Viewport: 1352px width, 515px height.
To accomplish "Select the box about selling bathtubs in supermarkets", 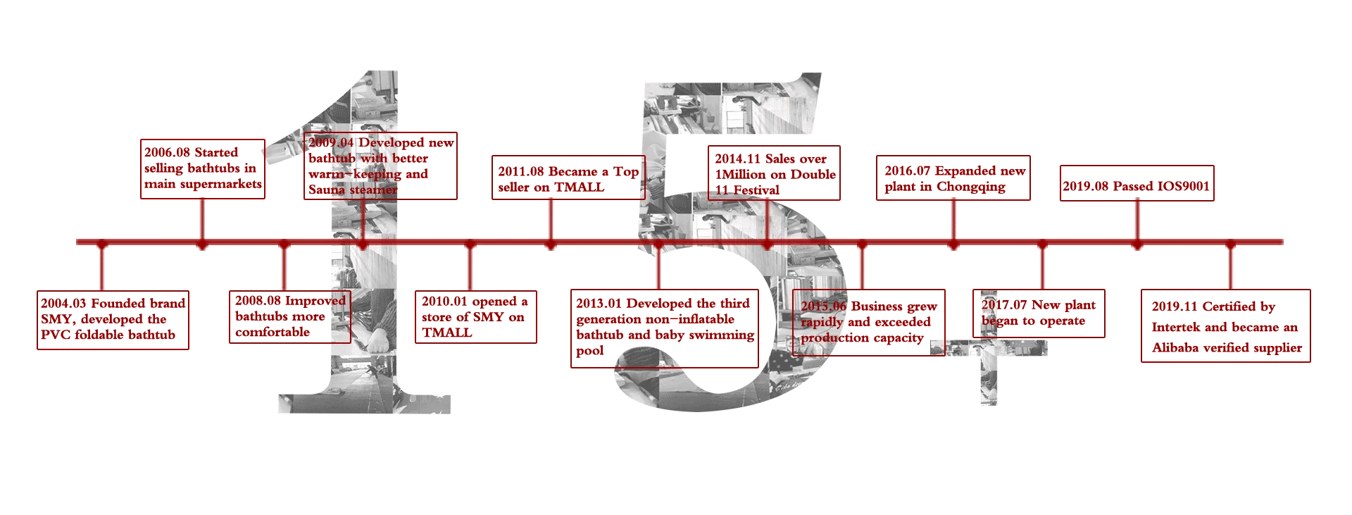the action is coord(202,169).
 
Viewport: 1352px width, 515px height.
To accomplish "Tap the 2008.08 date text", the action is coord(258,302).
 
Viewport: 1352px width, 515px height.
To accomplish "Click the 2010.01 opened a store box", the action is coord(475,316).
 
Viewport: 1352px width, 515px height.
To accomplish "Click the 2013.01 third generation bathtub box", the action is coord(664,328).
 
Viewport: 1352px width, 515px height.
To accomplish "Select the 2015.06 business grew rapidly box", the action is coord(868,323).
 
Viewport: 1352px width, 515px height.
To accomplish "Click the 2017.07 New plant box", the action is coord(1039,313).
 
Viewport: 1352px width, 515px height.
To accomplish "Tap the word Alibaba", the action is coord(1175,347).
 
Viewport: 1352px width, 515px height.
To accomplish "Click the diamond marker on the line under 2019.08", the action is coord(1137,244).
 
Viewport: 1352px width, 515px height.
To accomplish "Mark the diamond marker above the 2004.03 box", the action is coord(101,244).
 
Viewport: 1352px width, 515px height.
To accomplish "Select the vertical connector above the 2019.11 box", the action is coord(1230,268).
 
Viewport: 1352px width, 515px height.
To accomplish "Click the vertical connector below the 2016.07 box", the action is coord(953,220).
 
